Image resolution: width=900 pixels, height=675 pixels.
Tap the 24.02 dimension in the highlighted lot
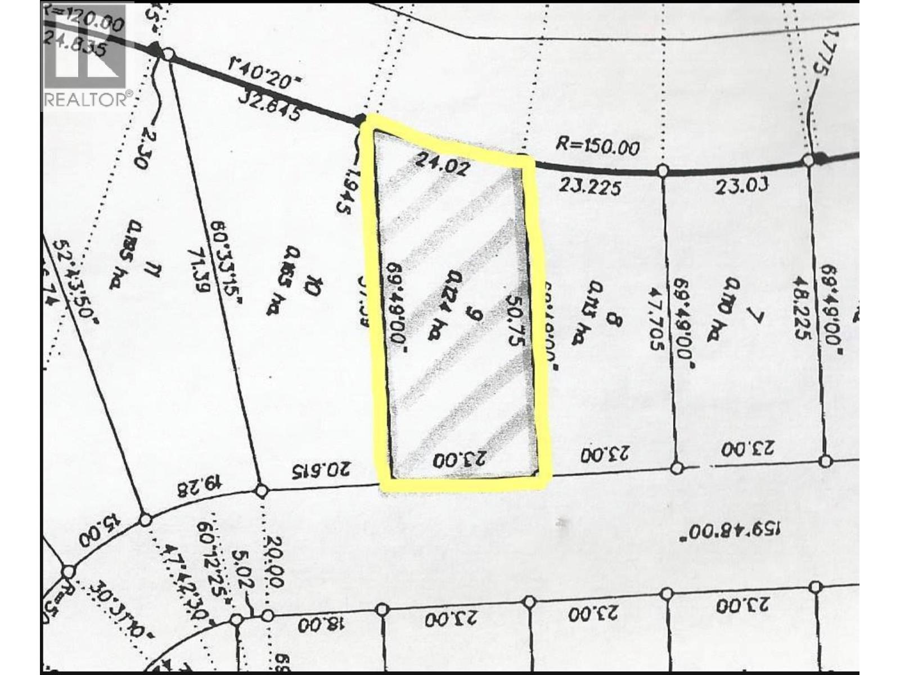[x=441, y=165]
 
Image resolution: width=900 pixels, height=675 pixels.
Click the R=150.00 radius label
[x=597, y=147]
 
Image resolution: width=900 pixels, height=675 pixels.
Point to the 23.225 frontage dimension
[x=590, y=187]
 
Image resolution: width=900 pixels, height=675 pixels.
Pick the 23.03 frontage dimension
[x=741, y=186]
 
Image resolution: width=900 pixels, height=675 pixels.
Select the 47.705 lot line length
[x=656, y=319]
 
